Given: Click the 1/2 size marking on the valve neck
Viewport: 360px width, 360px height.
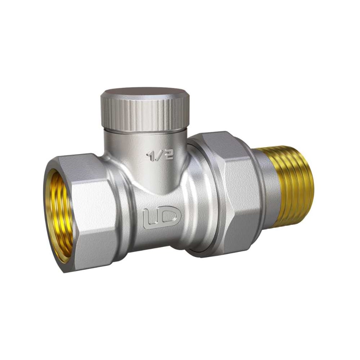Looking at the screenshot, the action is [160, 156].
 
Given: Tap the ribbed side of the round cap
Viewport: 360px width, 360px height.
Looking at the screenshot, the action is [145, 114].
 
